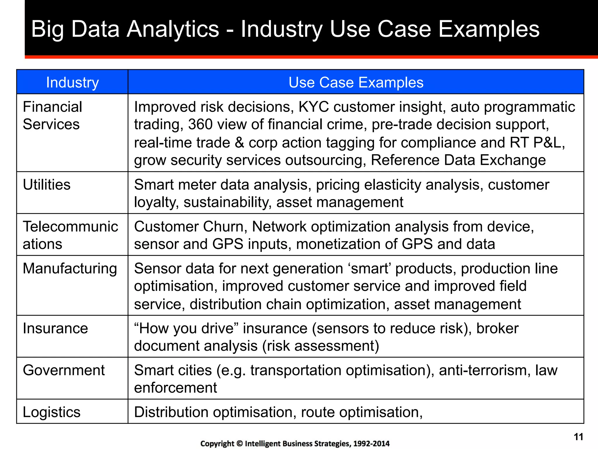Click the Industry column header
(x=72, y=82)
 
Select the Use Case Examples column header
(x=356, y=82)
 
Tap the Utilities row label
(x=47, y=185)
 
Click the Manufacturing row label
(x=70, y=269)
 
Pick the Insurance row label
(x=55, y=328)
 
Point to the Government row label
(x=64, y=370)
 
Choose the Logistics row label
(x=51, y=412)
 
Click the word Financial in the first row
(x=52, y=107)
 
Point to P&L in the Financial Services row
(x=549, y=143)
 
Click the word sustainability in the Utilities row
(x=227, y=202)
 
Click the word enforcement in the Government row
(x=175, y=388)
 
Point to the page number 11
(x=578, y=437)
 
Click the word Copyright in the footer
(x=217, y=444)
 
